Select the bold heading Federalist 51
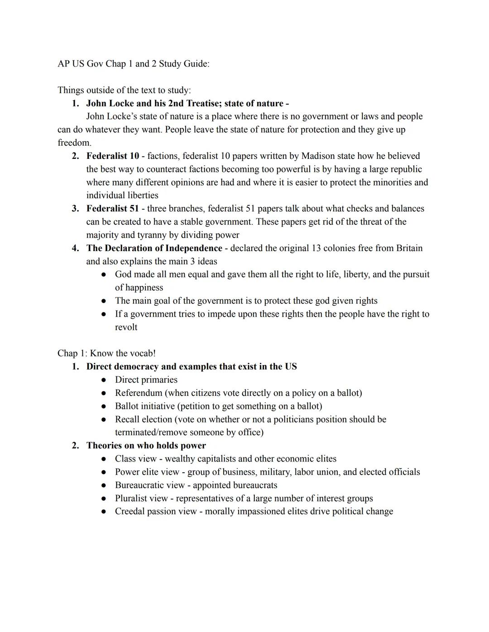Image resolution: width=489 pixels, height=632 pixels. [x=112, y=209]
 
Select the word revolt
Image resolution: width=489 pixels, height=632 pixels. [x=126, y=327]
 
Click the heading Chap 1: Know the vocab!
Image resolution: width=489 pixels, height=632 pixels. [x=106, y=353]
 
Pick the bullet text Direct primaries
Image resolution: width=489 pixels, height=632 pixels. [x=146, y=380]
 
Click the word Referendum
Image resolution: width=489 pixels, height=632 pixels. [x=138, y=393]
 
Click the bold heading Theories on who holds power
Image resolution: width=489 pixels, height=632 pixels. [x=146, y=446]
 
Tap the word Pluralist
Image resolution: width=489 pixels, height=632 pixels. [x=131, y=499]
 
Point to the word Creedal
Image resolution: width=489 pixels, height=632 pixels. [x=130, y=512]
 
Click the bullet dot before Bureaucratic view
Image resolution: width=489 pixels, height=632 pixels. [x=104, y=485]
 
